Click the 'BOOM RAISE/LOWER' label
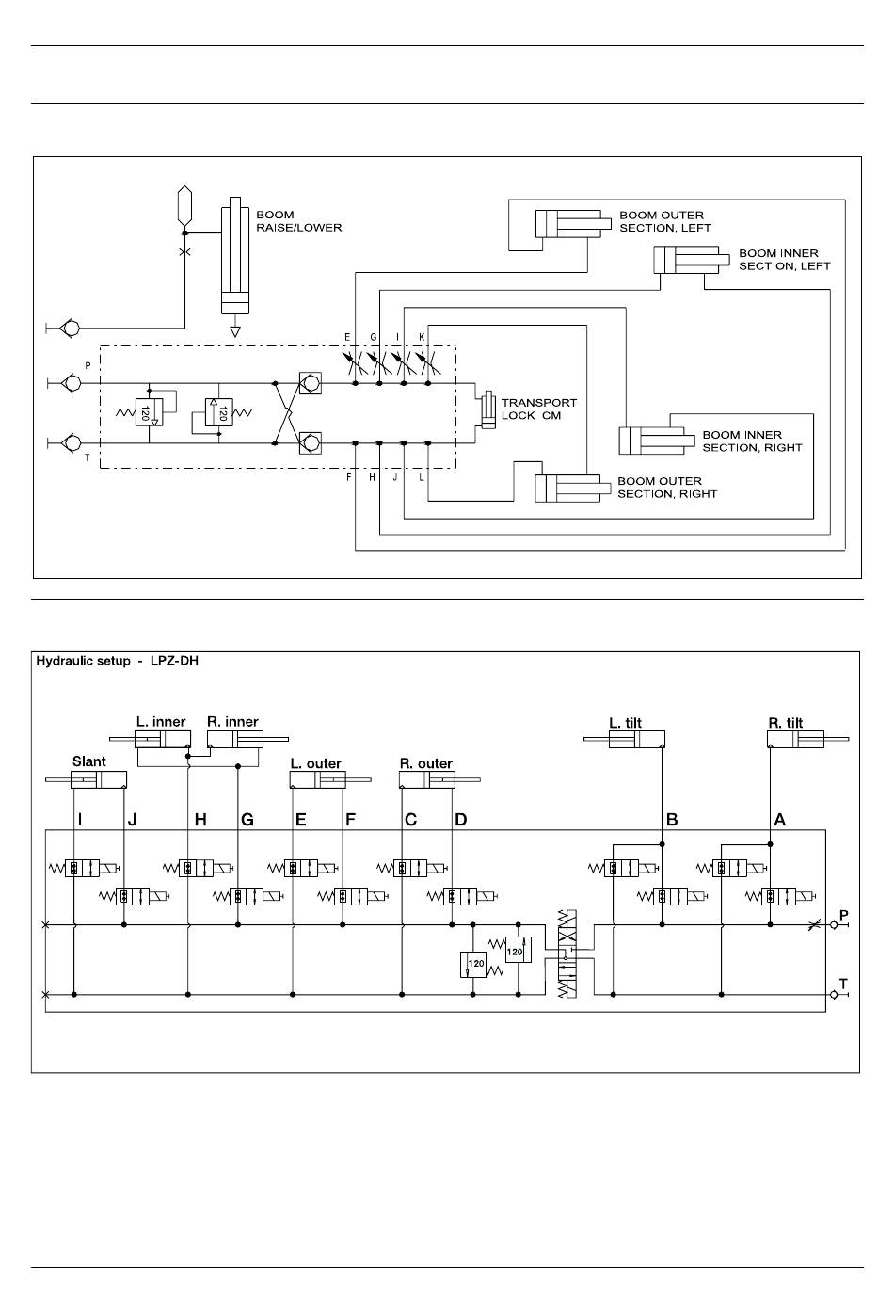298,221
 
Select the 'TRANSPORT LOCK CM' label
539,409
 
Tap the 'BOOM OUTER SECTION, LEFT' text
665,221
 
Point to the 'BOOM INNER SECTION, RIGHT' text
752,441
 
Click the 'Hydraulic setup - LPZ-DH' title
117,661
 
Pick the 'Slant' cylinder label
88,761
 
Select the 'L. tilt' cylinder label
625,723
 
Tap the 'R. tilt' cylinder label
785,723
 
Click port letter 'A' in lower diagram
779,819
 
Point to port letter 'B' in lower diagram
672,819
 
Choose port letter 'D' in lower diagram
460,819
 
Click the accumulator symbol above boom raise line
184,206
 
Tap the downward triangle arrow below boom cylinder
234,331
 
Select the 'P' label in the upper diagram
88,365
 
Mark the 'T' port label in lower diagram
843,984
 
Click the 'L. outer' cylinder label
316,763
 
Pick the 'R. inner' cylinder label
232,721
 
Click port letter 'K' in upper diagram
422,337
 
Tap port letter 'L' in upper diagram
422,477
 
